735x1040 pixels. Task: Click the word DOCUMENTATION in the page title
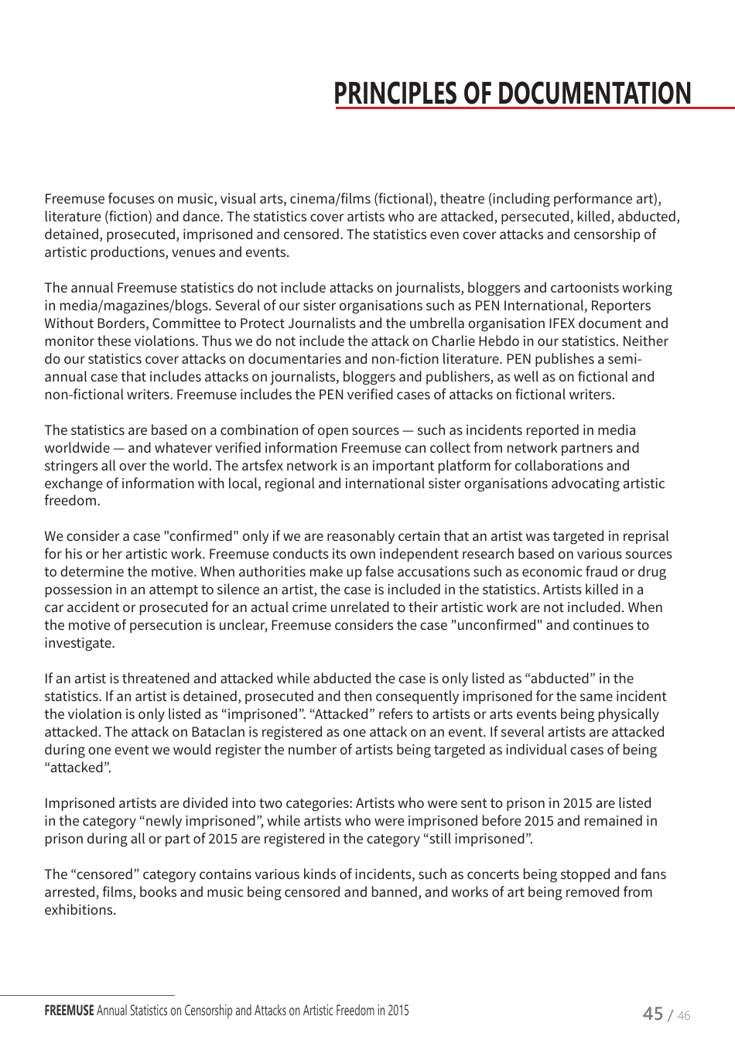593,94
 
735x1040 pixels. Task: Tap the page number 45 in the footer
653,1014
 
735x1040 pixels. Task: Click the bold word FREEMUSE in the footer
69,1011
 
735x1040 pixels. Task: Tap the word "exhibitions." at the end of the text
80,910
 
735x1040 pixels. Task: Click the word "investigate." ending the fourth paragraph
79,643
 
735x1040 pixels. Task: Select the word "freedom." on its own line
72,501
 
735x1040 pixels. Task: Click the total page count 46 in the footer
683,1016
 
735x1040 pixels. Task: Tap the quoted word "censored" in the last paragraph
104,874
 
